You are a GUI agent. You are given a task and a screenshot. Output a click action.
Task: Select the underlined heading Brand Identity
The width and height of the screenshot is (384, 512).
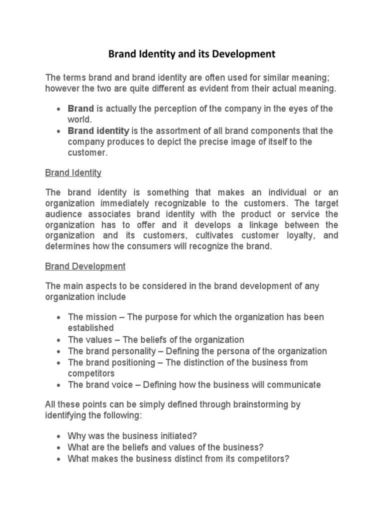point(73,173)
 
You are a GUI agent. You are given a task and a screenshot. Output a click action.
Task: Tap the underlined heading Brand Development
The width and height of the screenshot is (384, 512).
point(85,266)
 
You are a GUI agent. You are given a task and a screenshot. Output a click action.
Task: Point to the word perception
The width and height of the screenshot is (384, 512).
point(171,109)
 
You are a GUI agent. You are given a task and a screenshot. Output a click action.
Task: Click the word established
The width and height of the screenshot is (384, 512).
point(90,328)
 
